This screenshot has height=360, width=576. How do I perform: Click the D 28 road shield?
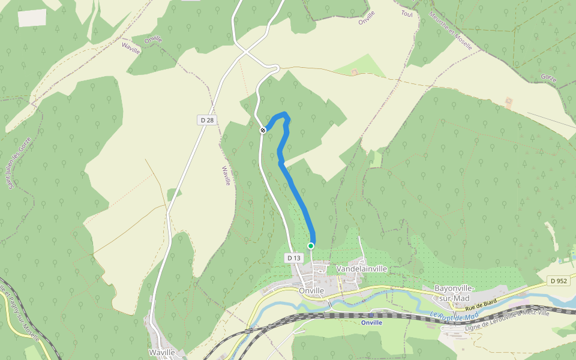tap(206, 121)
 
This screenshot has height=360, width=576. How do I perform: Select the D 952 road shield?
tap(558, 281)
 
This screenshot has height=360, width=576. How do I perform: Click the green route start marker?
tap(311, 246)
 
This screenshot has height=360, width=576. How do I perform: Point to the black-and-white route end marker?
tap(263, 130)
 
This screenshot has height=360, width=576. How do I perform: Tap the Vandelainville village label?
tap(362, 269)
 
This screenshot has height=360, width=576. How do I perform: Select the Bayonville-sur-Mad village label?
tap(454, 292)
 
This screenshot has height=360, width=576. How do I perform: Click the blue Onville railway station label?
tap(371, 322)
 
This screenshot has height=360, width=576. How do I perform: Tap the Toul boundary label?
tap(407, 13)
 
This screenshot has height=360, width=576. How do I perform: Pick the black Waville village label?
tap(162, 352)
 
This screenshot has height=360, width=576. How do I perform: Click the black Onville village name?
tap(311, 290)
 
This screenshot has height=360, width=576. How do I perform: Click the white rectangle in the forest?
tap(32, 18)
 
